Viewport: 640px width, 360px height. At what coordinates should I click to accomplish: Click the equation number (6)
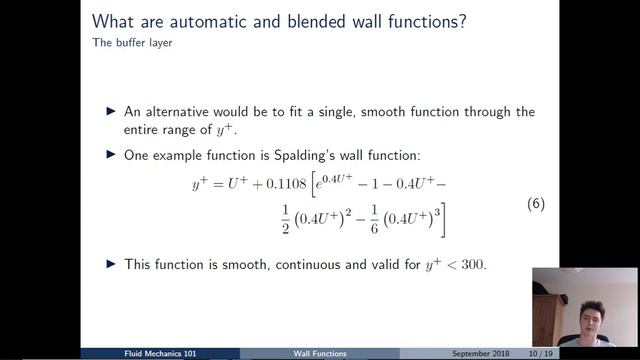click(535, 204)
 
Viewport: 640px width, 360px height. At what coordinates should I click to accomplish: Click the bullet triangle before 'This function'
click(111, 264)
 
